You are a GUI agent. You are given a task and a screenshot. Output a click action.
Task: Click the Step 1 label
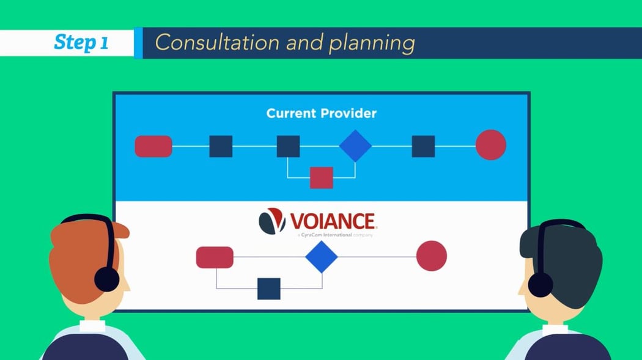[81, 43]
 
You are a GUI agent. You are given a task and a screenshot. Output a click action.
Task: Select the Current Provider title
[321, 114]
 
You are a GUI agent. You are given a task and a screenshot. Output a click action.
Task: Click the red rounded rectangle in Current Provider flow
[153, 147]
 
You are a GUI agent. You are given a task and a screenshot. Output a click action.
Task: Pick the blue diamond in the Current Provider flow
[355, 146]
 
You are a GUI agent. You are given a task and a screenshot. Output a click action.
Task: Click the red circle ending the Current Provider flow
[491, 145]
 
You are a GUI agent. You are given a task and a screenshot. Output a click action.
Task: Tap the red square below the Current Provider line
[321, 177]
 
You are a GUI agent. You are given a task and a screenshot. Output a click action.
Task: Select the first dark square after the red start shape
[221, 147]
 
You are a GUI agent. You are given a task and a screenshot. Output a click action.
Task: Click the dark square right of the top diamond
[423, 147]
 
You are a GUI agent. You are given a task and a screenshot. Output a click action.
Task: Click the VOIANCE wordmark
[333, 221]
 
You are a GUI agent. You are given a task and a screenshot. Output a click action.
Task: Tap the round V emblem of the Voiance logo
[272, 221]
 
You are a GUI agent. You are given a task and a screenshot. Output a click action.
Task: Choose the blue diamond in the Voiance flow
[322, 257]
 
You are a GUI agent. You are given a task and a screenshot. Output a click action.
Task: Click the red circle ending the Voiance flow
[432, 256]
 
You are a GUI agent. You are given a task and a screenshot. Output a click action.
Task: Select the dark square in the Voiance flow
[269, 288]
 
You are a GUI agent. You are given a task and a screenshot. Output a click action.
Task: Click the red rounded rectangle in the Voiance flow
[215, 257]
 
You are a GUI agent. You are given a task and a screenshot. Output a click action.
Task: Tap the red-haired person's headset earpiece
[106, 279]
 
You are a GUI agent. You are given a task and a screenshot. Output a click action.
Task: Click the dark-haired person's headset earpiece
[541, 285]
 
